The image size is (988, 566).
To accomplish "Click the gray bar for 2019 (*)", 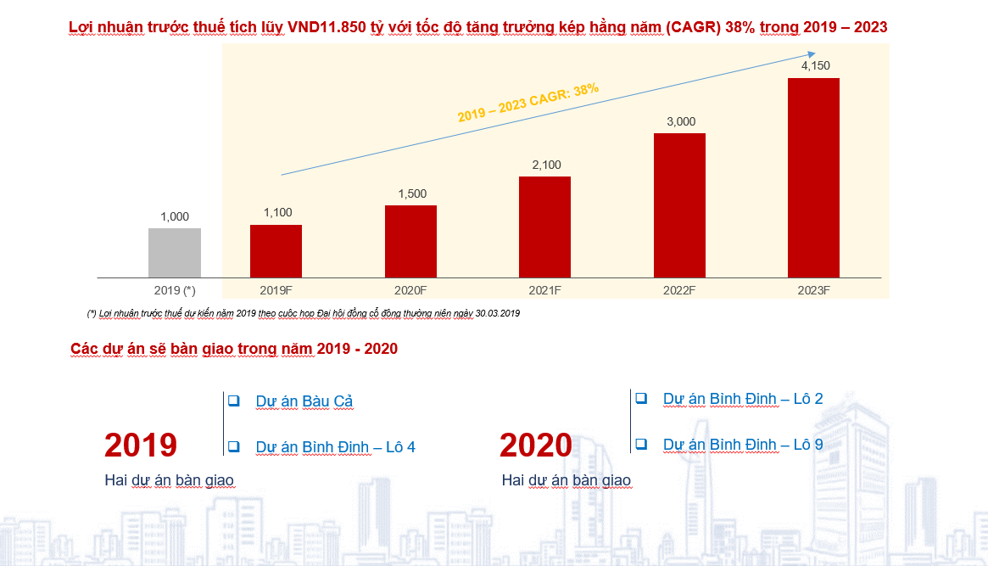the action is [175, 253].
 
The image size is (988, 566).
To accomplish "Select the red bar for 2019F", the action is [276, 251].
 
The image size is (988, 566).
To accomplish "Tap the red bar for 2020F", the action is [410, 241].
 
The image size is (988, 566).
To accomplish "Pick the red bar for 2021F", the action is [545, 227].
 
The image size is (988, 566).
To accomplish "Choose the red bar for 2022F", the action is [679, 205].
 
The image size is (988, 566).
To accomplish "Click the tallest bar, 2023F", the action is [813, 177].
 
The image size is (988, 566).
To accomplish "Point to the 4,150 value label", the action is [815, 65].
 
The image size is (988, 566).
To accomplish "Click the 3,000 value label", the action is [681, 121].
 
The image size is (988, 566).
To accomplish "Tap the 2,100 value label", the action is [546, 165].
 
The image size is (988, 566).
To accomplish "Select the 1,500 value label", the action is [412, 194].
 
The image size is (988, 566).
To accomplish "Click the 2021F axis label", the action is [544, 290].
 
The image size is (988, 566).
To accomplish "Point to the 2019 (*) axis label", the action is [175, 290].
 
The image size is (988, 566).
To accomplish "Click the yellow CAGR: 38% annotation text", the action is [528, 103].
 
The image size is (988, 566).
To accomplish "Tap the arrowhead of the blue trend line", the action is [812, 54].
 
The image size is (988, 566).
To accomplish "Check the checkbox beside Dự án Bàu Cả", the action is [234, 401].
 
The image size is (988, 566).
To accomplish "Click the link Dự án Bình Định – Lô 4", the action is [335, 447].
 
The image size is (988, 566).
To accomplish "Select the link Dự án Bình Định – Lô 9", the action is [743, 445].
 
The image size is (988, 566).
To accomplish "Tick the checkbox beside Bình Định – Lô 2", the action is [641, 398].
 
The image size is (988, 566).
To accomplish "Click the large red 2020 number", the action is [536, 445].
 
